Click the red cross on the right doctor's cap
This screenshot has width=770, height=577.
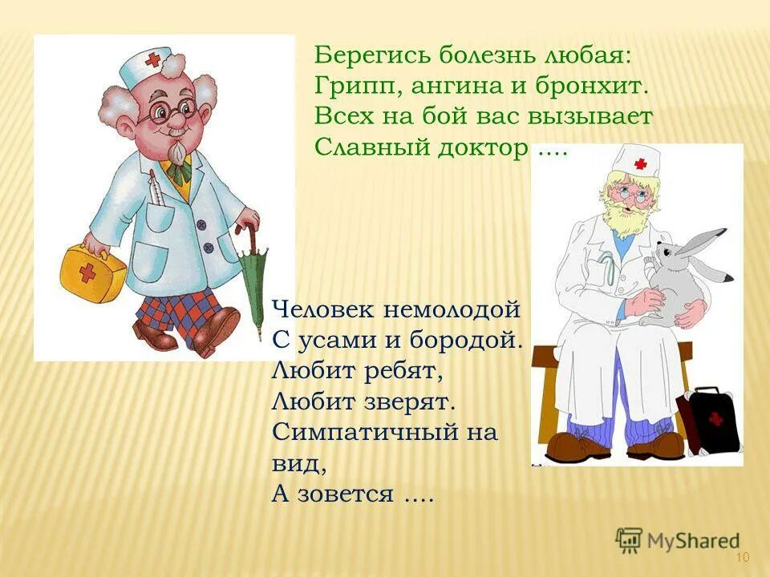point(640,164)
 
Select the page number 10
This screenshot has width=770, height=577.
point(741,558)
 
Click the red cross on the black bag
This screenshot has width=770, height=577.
point(715,418)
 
